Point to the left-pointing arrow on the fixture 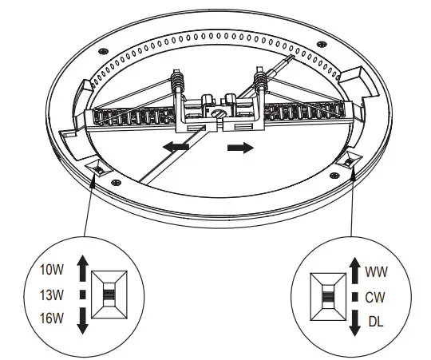(176, 147)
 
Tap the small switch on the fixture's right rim (352, 164)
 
